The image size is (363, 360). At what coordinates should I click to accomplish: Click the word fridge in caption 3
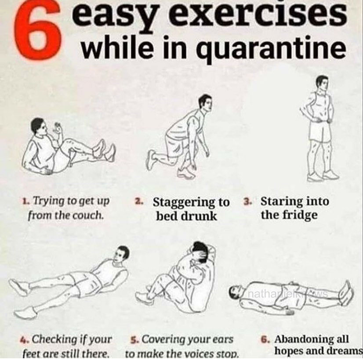click(300, 215)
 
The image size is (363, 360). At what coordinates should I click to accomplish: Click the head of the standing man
click(322, 83)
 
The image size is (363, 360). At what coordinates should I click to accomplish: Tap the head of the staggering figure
click(206, 102)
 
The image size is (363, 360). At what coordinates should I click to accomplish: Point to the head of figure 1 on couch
click(39, 127)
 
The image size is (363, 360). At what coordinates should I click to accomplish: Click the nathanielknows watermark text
click(287, 295)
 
